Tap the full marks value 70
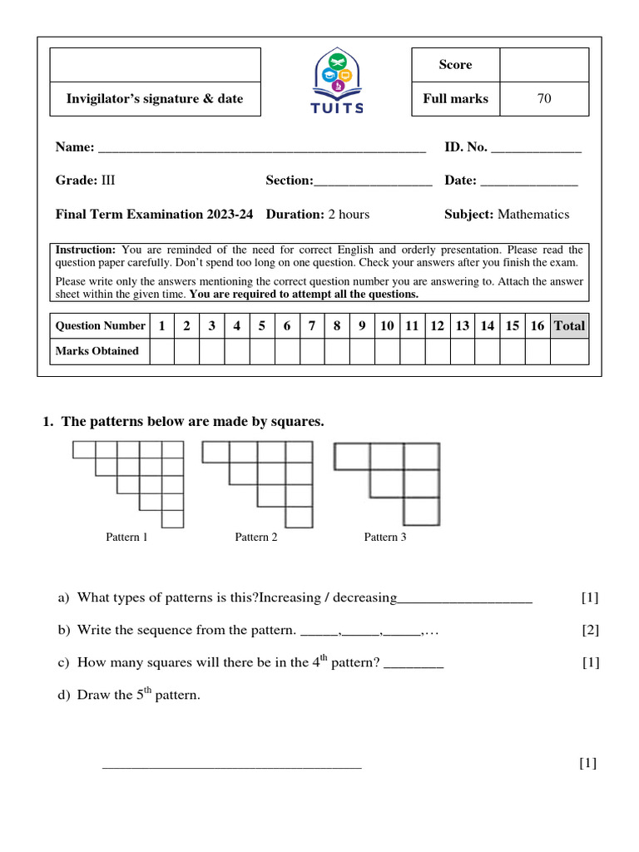click(544, 99)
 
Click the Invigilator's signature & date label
click(155, 99)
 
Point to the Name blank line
click(262, 150)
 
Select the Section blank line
click(373, 182)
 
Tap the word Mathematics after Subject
click(533, 215)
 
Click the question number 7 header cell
click(312, 326)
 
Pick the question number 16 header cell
click(537, 326)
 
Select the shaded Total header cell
click(570, 326)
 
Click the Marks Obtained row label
click(97, 351)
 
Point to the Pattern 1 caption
click(126, 537)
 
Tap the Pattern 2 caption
click(256, 537)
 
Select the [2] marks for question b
click(590, 630)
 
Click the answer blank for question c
click(414, 666)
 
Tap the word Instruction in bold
click(86, 250)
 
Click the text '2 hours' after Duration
click(349, 215)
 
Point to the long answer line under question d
click(231, 766)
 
